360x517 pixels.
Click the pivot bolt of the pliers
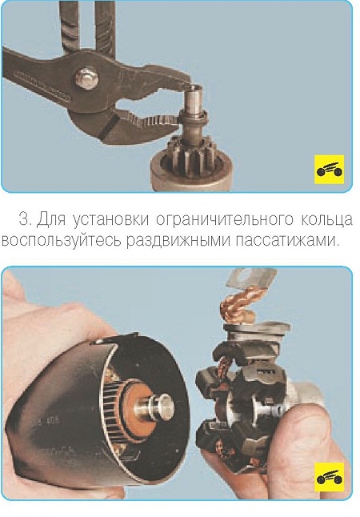[86, 78]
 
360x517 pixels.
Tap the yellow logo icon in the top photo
[329, 169]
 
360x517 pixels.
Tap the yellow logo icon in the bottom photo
[329, 477]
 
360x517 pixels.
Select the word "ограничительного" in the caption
[225, 219]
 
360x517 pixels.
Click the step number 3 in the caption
[25, 219]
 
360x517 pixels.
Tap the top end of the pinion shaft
[194, 88]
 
